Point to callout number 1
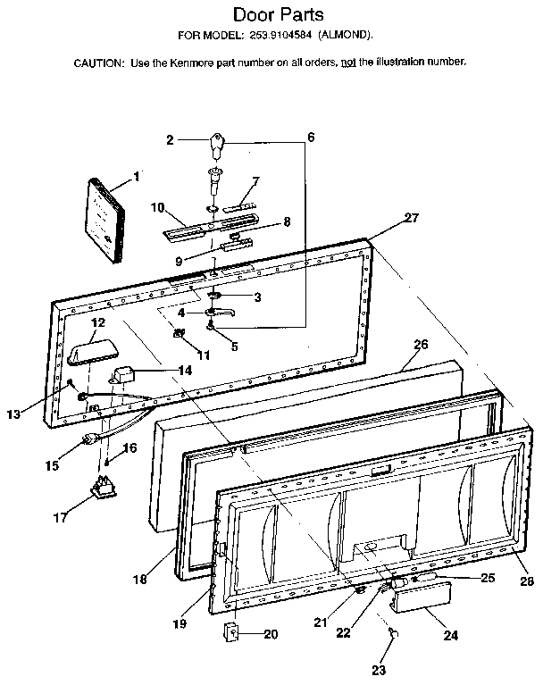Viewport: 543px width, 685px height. (x=137, y=176)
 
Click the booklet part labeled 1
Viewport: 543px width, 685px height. (x=104, y=221)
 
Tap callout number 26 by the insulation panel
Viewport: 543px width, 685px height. (x=421, y=344)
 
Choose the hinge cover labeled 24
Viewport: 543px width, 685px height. (x=413, y=617)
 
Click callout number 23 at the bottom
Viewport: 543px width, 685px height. (x=379, y=669)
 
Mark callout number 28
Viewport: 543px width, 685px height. (x=526, y=581)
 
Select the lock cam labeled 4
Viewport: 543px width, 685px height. (x=219, y=312)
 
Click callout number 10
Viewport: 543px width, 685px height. (x=156, y=207)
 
